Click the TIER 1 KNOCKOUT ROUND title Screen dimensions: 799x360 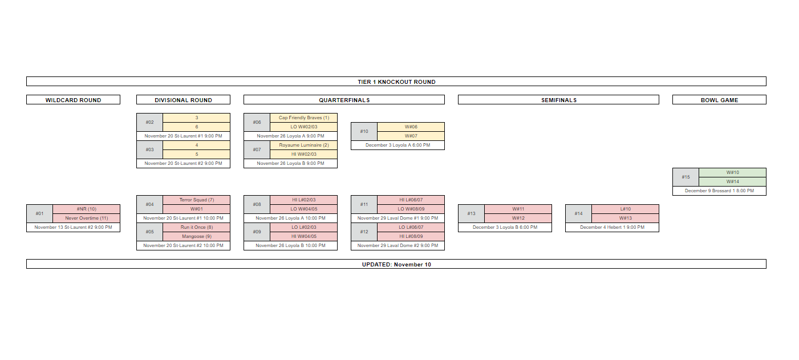click(396, 82)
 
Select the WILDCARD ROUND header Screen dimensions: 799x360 click(73, 100)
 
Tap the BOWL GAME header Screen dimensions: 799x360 click(719, 100)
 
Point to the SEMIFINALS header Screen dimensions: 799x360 click(558, 100)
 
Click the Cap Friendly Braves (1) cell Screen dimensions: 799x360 click(303, 118)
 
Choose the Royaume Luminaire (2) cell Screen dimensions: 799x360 click(303, 145)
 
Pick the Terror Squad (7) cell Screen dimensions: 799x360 click(197, 200)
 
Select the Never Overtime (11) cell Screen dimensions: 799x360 click(86, 218)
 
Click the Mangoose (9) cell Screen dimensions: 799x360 click(197, 236)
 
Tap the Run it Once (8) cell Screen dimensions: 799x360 click(197, 227)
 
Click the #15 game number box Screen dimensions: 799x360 click(686, 177)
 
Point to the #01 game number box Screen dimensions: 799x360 click(39, 213)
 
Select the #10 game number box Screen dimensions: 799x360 click(364, 131)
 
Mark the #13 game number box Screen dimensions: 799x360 click(471, 213)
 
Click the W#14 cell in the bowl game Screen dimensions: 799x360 click(732, 181)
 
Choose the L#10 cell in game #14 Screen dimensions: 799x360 click(625, 209)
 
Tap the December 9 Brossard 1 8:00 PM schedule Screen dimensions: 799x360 click(719, 191)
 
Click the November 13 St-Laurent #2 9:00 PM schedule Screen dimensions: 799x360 click(73, 227)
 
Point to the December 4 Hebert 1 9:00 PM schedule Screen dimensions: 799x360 click(612, 227)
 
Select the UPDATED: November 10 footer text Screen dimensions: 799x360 click(396, 264)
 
